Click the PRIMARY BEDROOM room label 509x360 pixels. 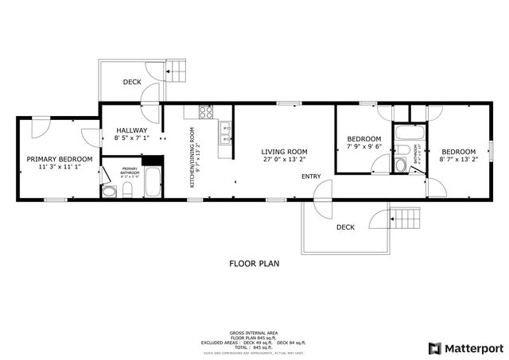point(60,159)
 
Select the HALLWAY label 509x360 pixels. point(131,130)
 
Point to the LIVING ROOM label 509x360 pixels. point(285,151)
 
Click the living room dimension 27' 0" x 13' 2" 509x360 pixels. point(285,160)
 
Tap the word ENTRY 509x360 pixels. point(311,176)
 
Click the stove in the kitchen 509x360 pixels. point(206,112)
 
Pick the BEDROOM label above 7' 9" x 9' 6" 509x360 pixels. point(363,138)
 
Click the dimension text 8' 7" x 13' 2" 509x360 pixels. point(459,161)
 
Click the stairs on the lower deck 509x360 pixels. point(405,217)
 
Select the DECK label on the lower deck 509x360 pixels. point(345,227)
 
